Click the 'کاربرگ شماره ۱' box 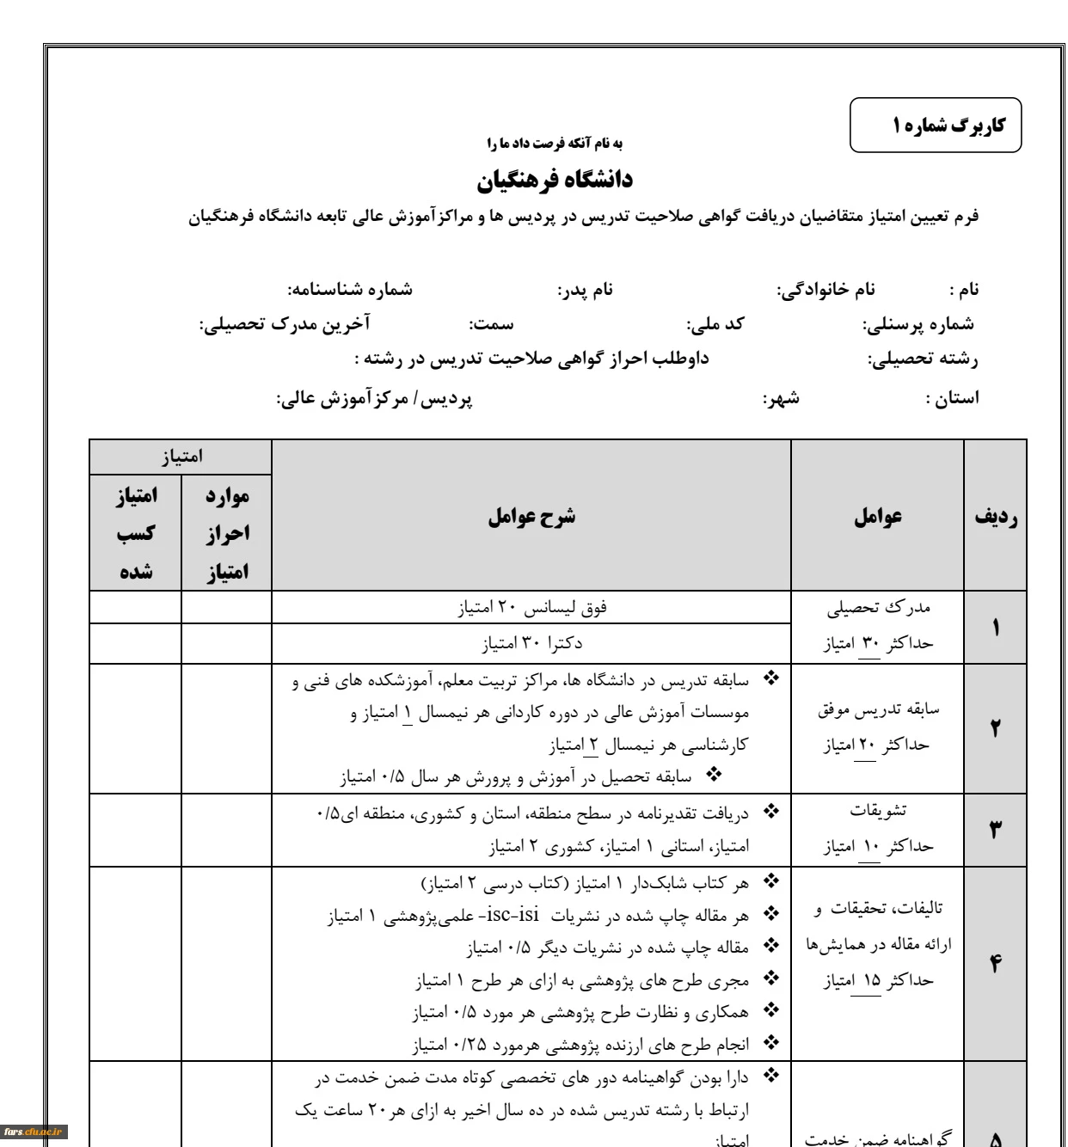(x=936, y=126)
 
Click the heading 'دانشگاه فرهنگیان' (x=555, y=180)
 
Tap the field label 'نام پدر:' (x=585, y=290)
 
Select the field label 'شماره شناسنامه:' (x=349, y=290)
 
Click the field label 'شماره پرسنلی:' (x=918, y=324)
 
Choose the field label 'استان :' (x=951, y=398)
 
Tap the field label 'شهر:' (x=781, y=398)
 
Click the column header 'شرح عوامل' (x=531, y=517)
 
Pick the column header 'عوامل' (x=877, y=517)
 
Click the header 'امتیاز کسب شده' (x=136, y=534)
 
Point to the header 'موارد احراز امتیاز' (x=227, y=534)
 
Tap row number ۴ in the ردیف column (x=996, y=963)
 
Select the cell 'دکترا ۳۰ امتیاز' (x=531, y=643)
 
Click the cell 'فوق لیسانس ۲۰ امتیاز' (x=531, y=608)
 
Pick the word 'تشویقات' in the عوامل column (x=878, y=811)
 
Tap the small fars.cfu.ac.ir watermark (x=34, y=1131)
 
